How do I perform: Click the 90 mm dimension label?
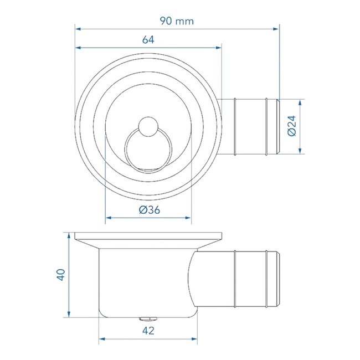coord(177,20)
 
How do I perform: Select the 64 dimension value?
coord(148,39)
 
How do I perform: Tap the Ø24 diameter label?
coord(292,127)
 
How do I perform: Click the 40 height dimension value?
coord(60,275)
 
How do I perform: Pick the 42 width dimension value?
coord(148,331)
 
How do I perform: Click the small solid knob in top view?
coord(148,127)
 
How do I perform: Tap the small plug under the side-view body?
coord(148,319)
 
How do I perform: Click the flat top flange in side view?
coord(148,236)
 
